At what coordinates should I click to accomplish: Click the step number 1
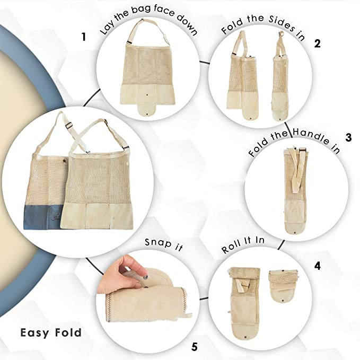pos(84,37)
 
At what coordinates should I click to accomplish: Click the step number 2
pos(317,43)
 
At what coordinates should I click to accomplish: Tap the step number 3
pos(348,137)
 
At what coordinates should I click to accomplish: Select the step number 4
pos(317,266)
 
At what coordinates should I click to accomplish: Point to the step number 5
pos(194,347)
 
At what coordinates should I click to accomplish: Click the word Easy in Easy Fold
pos(34,333)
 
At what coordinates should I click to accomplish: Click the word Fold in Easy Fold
pos(68,332)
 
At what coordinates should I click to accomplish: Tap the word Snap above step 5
pos(158,243)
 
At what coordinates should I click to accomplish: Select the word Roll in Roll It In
pos(232,247)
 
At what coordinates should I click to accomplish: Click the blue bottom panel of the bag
pos(41,217)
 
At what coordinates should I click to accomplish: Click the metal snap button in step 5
pos(146,278)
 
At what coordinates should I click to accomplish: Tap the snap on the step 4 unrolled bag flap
pos(245,337)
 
